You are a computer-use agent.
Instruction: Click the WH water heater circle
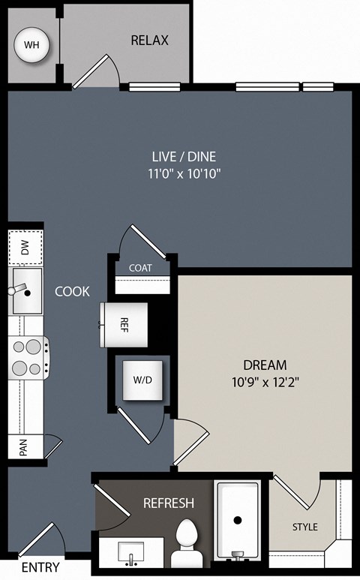coord(31,45)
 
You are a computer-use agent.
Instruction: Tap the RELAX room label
coord(150,40)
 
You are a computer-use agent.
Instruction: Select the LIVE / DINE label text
coord(184,157)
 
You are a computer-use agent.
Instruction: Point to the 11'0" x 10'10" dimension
coord(184,173)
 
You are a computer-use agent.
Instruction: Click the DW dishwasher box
coord(25,247)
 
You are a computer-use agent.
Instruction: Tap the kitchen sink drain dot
coord(27,293)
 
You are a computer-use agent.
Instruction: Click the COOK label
coord(72,291)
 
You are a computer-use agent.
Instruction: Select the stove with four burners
coord(28,358)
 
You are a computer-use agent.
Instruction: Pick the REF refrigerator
coord(124,325)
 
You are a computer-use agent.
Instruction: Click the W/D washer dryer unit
coord(142,380)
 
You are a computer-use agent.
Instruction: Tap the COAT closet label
coord(140,268)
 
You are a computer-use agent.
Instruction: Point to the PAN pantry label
coord(23,447)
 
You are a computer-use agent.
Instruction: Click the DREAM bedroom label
coord(265,365)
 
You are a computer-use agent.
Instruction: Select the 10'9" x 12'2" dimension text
coord(265,381)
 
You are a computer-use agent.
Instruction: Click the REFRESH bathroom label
coord(169,503)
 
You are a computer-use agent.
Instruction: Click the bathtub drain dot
coord(238,520)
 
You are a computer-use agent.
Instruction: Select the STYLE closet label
coord(305,527)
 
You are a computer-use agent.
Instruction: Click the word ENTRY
coord(40,567)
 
